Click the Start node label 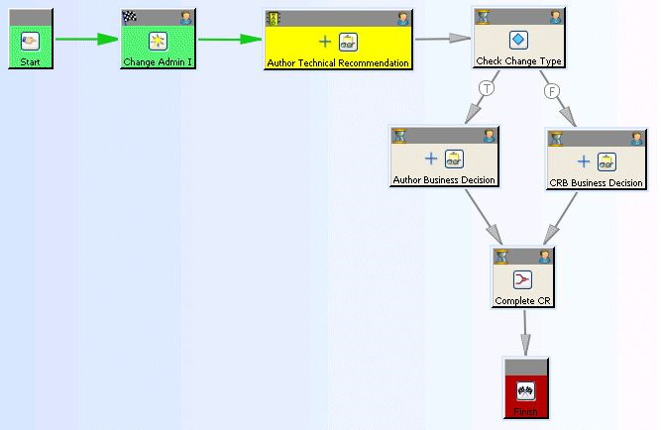30,62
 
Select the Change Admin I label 157,62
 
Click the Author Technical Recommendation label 338,62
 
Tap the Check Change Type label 518,61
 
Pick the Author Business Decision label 444,180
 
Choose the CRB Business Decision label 597,182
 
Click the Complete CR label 523,300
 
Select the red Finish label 525,411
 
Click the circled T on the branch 486,89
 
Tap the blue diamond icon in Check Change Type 518,41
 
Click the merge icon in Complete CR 523,279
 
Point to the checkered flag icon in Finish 525,390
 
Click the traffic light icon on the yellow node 274,17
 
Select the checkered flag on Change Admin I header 130,17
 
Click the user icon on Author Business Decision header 489,136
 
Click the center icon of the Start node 30,41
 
